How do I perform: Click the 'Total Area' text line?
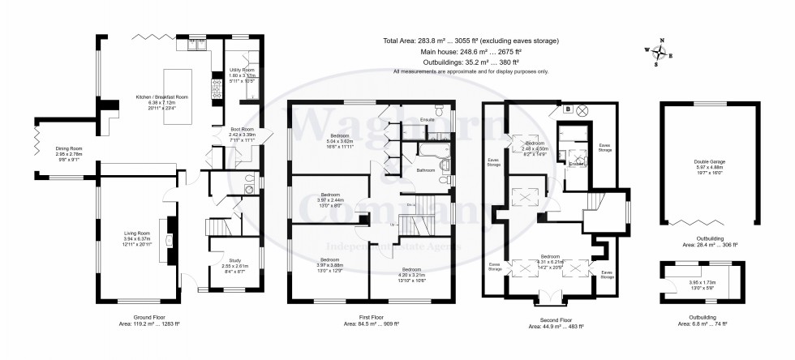[x=470, y=41]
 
